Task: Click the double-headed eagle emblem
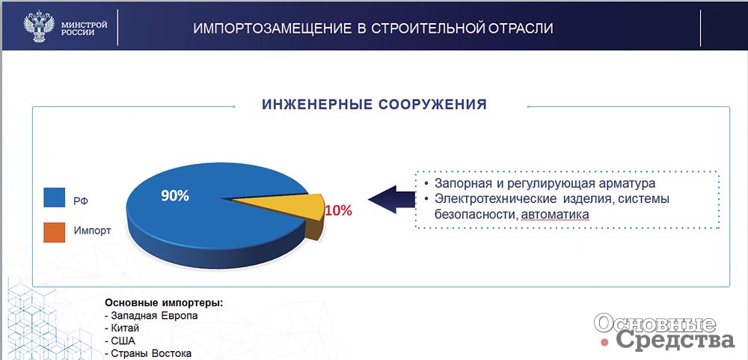[39, 27]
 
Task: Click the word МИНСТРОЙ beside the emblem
[85, 25]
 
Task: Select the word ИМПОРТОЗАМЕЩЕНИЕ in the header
[273, 28]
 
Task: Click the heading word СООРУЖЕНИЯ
[432, 105]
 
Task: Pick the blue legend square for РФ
[54, 197]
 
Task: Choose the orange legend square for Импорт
[54, 231]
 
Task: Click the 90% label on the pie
[174, 196]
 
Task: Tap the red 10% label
[339, 210]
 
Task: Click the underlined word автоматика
[555, 216]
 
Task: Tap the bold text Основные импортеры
[164, 303]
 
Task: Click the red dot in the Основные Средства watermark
[606, 342]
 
